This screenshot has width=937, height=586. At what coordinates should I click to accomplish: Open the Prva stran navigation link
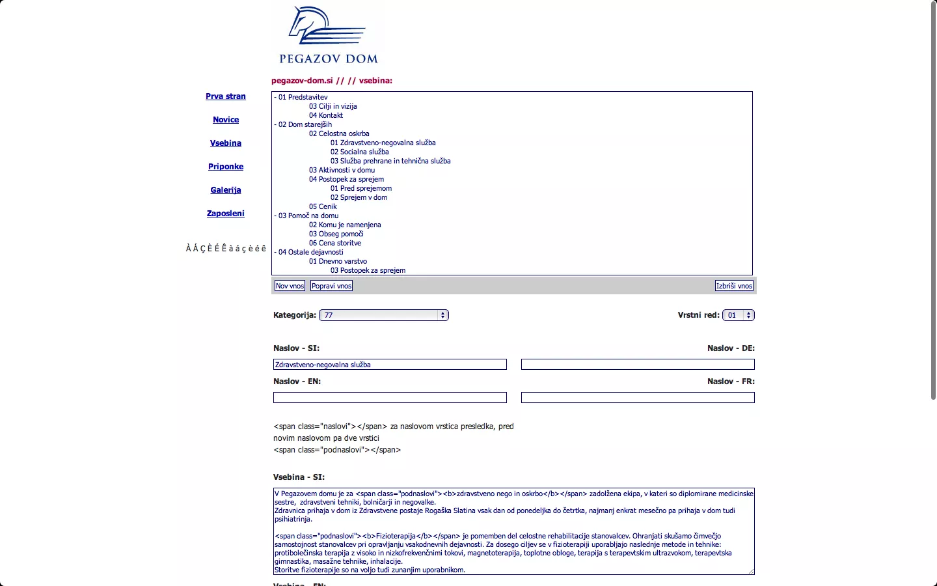(226, 96)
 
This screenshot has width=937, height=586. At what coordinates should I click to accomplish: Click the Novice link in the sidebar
(226, 120)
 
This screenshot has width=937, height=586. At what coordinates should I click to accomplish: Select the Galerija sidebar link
(226, 190)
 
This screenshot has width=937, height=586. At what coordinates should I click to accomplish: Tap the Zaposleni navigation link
(226, 214)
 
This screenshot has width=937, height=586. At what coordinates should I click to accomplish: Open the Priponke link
(226, 167)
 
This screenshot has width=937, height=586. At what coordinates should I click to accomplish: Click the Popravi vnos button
(331, 286)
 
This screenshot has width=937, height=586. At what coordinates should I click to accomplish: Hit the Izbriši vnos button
(734, 286)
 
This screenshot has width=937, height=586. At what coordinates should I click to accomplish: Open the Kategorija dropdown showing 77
(384, 315)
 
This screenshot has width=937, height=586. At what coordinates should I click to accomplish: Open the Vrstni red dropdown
(739, 315)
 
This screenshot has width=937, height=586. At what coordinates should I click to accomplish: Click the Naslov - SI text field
(390, 365)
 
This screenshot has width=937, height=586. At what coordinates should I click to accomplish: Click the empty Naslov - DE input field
(638, 365)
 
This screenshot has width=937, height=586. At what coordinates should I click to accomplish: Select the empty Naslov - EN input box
(390, 398)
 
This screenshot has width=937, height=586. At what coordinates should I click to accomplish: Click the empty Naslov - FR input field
(638, 398)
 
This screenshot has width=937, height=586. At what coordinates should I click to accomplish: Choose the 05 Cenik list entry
(323, 206)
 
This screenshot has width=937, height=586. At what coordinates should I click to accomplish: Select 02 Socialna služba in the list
(359, 152)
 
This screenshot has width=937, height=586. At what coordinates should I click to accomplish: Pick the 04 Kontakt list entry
(326, 115)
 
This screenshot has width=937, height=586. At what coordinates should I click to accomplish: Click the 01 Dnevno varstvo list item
(338, 261)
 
